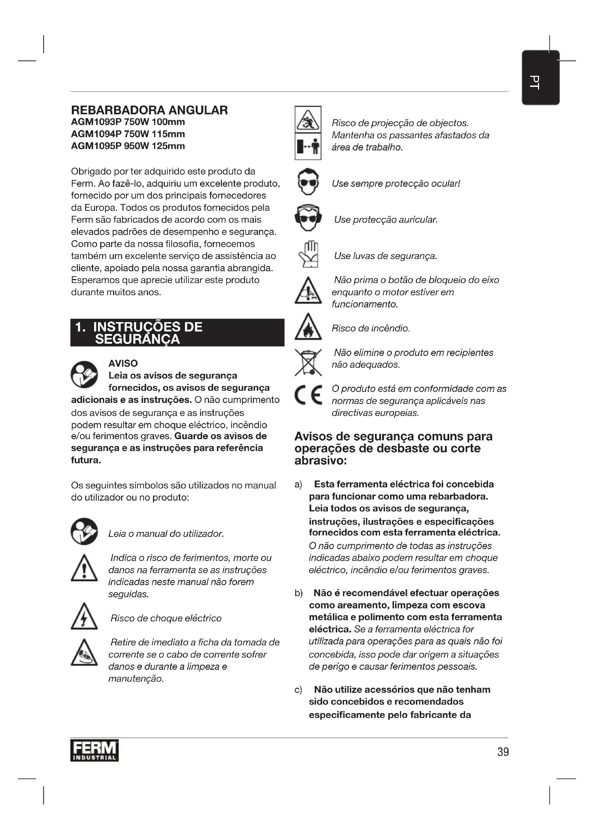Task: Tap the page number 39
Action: pos(503,752)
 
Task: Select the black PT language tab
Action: pos(540,78)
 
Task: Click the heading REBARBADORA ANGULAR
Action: pos(149,110)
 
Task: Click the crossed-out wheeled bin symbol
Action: pos(308,362)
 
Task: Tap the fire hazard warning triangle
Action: pos(308,327)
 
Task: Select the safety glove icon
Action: pos(308,254)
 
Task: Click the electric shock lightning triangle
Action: pos(84,617)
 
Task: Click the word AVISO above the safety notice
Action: pos(123,363)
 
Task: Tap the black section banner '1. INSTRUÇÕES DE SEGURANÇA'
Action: pos(177,333)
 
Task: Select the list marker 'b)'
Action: pos(298,593)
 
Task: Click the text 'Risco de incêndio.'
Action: pos(371,328)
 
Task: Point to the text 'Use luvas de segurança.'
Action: pos(385,256)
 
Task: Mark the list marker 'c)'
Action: pos(298,690)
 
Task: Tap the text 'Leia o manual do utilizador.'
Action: pos(166,534)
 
